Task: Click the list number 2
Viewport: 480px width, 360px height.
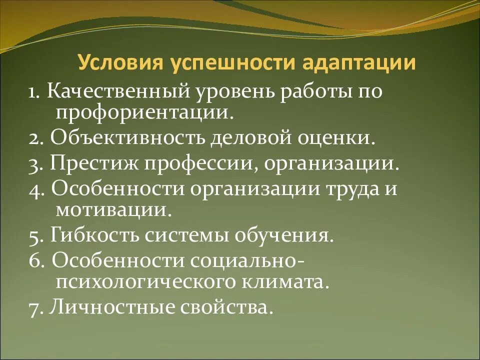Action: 35,138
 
